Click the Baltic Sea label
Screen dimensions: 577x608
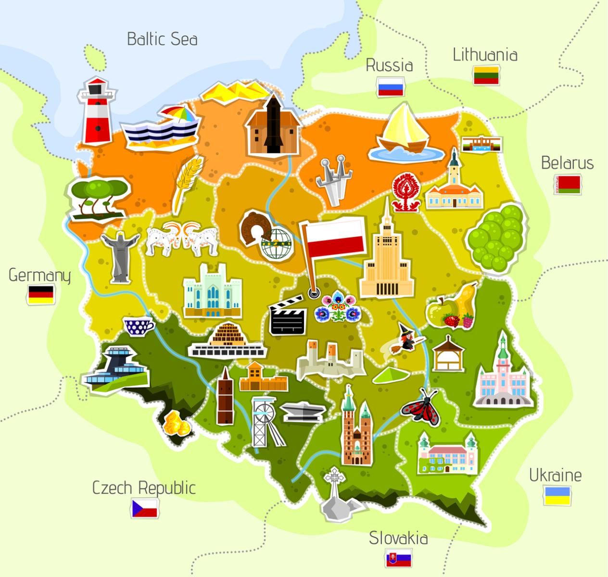coord(162,39)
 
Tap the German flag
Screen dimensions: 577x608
coord(41,294)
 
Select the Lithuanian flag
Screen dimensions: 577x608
coord(486,75)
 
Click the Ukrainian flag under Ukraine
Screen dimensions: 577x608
coord(557,495)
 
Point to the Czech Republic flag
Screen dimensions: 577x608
coord(145,508)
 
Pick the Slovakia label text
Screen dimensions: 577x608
coord(398,538)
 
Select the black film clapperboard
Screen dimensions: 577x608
coord(288,316)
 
